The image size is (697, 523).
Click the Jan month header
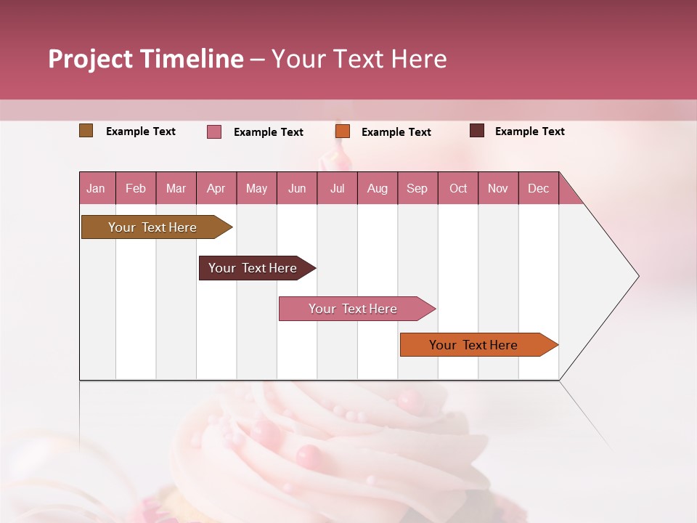pyautogui.click(x=96, y=188)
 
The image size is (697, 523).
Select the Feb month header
pyautogui.click(x=136, y=188)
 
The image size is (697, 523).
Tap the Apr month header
pyautogui.click(x=216, y=188)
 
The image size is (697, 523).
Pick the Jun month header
pyautogui.click(x=297, y=188)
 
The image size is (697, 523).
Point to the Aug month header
pyautogui.click(x=377, y=188)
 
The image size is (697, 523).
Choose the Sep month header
pyautogui.click(x=417, y=188)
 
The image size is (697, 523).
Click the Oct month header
pyautogui.click(x=458, y=188)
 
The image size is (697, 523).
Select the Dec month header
pyautogui.click(x=538, y=188)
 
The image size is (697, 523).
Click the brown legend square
pyautogui.click(x=86, y=131)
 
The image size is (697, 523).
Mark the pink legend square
pyautogui.click(x=214, y=131)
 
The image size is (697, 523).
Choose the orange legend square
pyautogui.click(x=343, y=131)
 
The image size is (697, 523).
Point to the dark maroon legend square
pyautogui.click(x=477, y=131)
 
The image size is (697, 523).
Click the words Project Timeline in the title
pyautogui.click(x=146, y=59)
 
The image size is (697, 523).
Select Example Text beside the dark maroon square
pyautogui.click(x=529, y=131)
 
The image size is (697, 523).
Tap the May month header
pyautogui.click(x=256, y=188)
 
